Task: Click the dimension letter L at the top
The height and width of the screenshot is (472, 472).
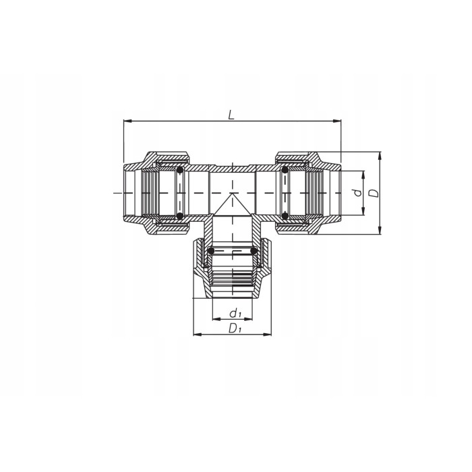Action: coord(231,115)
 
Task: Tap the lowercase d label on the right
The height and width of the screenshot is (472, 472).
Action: coord(358,193)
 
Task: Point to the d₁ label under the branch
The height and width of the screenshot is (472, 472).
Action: coord(235,313)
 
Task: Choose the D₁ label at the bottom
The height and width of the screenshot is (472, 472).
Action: coord(235,328)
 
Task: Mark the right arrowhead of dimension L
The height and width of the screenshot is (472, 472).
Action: coord(338,122)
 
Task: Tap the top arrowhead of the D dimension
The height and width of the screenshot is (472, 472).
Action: coord(380,155)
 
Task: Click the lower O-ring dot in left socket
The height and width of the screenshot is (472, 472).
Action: coord(180,216)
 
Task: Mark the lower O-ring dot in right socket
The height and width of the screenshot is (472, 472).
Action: coord(285,216)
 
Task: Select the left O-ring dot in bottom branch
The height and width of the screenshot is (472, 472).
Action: coord(211,252)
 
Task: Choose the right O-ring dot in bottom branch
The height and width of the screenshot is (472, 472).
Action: coord(254,252)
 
